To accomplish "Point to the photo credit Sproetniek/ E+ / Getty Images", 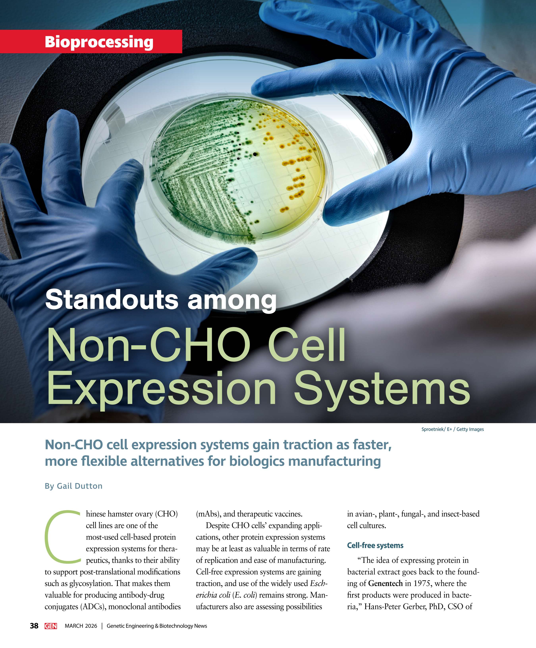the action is pyautogui.click(x=452, y=429).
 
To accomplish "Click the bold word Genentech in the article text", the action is pyautogui.click(x=385, y=583).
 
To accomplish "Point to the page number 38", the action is pyautogui.click(x=34, y=626).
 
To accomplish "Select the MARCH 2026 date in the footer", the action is pyautogui.click(x=81, y=626).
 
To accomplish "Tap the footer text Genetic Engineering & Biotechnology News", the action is pyautogui.click(x=157, y=626).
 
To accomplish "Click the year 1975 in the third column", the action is pyautogui.click(x=422, y=583).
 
